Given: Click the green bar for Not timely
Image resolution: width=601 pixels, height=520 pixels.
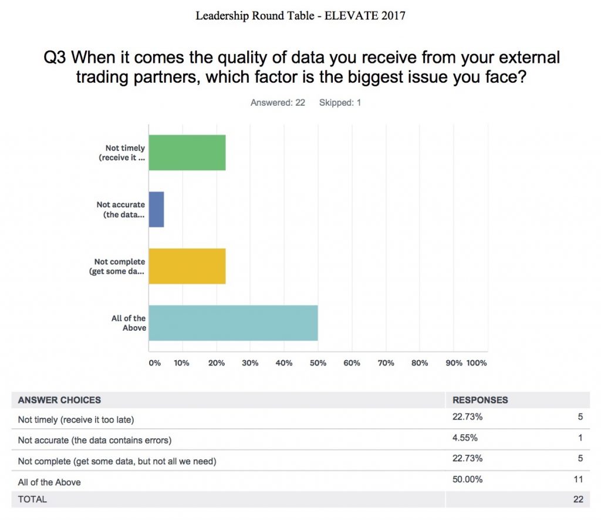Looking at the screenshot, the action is tap(187, 152).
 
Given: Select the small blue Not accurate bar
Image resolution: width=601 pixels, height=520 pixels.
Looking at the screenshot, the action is tap(156, 209).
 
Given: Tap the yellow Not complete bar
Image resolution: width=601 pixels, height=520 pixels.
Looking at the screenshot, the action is tap(187, 266).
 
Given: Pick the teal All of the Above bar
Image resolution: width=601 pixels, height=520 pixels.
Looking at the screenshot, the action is tap(234, 323).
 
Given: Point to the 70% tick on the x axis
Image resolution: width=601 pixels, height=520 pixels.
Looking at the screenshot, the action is tap(386, 363).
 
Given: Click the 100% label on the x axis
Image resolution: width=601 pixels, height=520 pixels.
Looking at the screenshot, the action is tap(477, 363).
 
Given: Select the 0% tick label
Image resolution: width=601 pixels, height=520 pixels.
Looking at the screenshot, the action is tap(155, 363).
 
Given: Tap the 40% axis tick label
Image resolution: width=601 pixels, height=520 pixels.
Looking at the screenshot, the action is tap(283, 363).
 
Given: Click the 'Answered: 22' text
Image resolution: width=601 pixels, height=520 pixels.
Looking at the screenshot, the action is tap(278, 102).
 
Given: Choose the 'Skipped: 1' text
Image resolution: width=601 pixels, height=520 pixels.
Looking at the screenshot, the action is tap(340, 102).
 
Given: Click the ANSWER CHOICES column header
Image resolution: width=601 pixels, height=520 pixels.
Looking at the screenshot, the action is tap(59, 400).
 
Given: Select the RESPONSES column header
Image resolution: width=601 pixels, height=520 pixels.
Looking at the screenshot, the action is tap(480, 400).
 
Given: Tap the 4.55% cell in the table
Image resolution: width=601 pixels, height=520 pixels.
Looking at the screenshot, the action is tap(465, 438).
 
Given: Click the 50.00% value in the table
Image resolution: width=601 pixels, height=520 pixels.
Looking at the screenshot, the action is tap(467, 479).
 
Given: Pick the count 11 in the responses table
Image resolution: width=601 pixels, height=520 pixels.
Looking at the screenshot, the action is tap(578, 479).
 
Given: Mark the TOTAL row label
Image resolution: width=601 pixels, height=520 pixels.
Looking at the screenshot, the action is tap(32, 499).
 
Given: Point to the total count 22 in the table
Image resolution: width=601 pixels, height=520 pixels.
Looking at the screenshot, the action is tap(578, 499).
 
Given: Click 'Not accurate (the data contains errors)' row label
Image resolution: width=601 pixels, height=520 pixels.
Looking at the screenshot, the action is tap(94, 440).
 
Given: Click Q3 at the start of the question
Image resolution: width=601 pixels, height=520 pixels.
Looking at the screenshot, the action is tap(55, 58).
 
